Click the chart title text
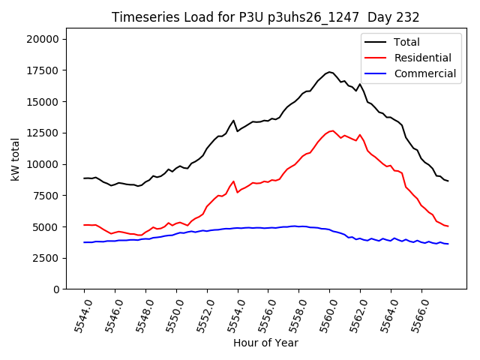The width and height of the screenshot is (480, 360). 265,17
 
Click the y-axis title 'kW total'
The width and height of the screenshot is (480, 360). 15,163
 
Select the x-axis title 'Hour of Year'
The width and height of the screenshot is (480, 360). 265,343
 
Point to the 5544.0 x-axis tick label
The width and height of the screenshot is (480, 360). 76,315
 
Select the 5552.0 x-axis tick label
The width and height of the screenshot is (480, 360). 199,315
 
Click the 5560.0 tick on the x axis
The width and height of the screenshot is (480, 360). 322,315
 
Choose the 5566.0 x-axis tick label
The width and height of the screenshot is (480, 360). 414,315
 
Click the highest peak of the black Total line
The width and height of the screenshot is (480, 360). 329,72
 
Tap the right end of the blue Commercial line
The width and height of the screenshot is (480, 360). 448,244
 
